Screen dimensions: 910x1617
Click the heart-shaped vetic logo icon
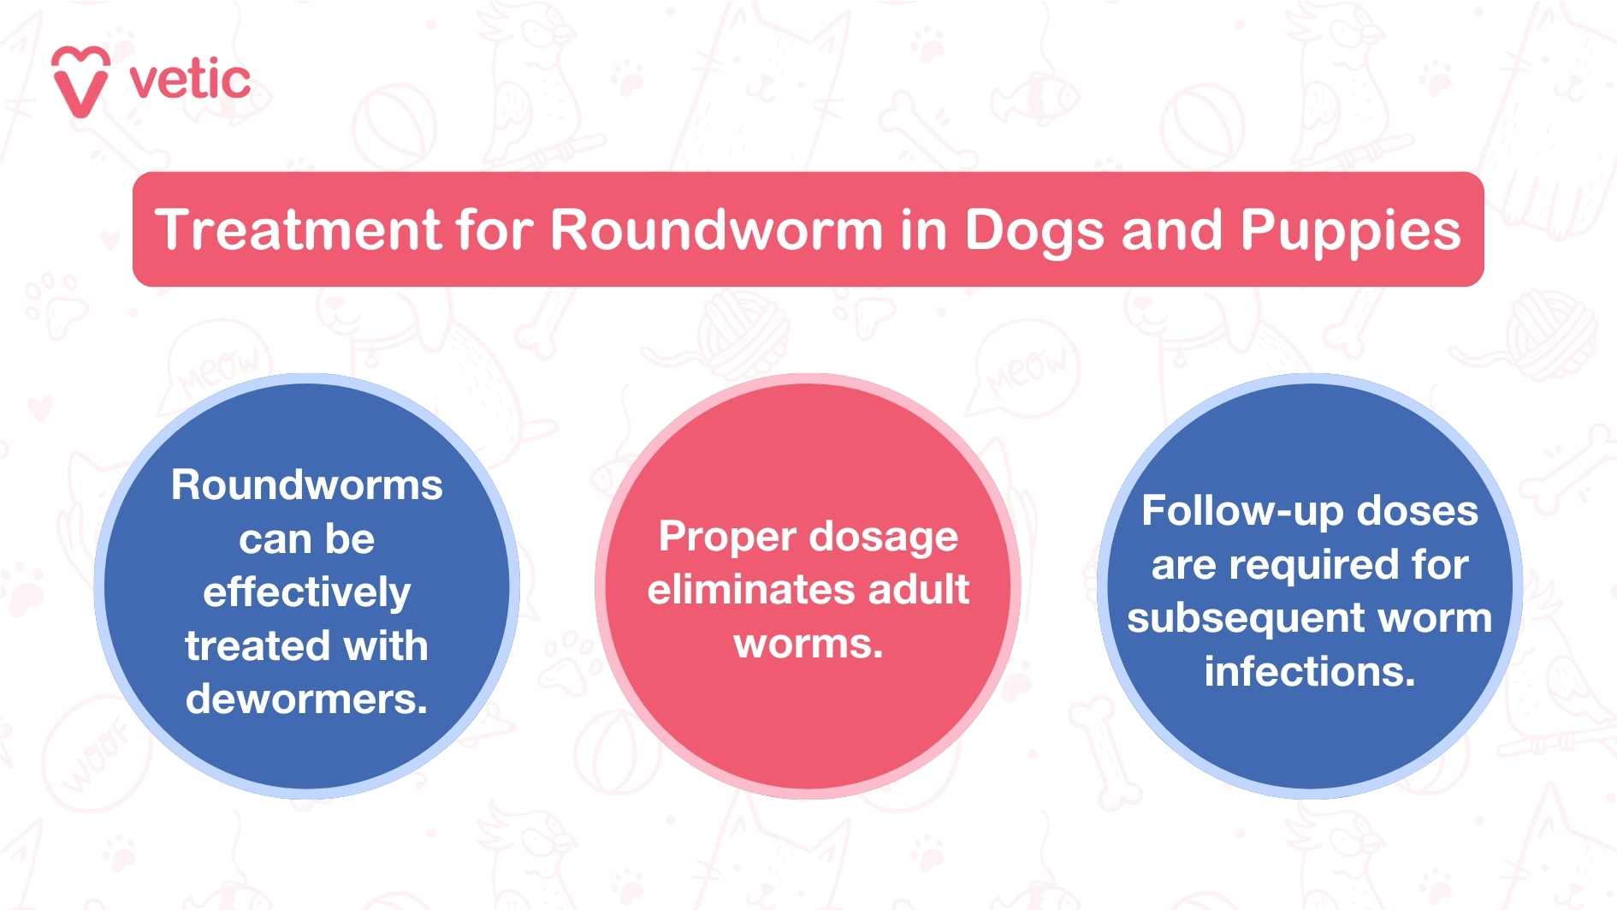[80, 81]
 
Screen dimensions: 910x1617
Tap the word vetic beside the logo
[190, 80]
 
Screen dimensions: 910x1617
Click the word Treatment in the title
[297, 229]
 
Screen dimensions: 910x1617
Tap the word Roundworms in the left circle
[306, 485]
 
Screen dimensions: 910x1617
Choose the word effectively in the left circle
[306, 592]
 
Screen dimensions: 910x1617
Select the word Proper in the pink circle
[727, 538]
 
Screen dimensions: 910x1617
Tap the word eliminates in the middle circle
[750, 590]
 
